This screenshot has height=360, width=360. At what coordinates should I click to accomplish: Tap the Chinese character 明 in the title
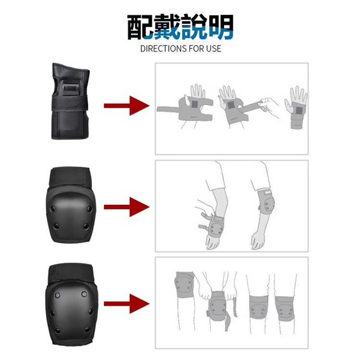tap(220, 27)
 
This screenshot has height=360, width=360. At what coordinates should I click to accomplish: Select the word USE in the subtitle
tap(213, 48)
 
